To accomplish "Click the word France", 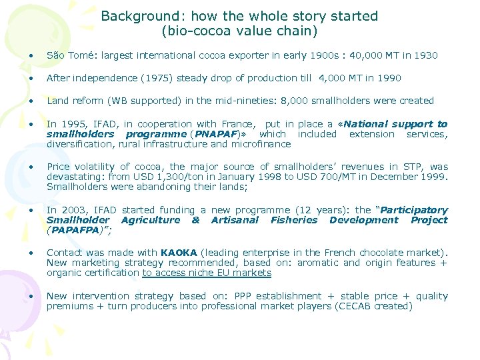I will pos(235,124).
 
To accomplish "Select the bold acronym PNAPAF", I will pos(213,134).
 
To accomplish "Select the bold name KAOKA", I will pos(179,253).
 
